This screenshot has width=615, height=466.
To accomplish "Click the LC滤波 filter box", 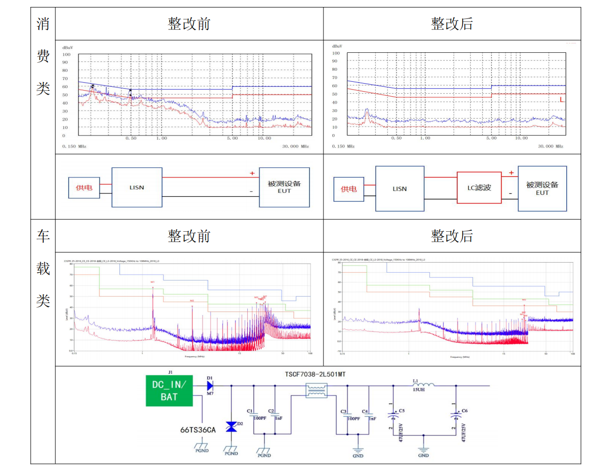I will [479, 188].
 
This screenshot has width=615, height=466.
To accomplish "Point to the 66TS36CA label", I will [198, 430].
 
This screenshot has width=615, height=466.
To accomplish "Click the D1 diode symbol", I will [209, 385].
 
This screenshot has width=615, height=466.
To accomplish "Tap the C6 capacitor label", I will [464, 411].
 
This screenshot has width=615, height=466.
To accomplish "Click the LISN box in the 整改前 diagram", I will [137, 187].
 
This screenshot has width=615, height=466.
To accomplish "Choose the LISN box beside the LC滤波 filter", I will [400, 188].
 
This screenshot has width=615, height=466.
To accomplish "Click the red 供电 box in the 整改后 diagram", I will [349, 189].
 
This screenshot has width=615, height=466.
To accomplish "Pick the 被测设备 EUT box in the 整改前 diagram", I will [284, 187].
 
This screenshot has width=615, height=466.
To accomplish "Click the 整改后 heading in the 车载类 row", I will [452, 236].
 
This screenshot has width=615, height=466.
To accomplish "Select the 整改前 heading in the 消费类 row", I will [189, 24].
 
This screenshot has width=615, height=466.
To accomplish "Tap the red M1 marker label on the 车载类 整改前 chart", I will [153, 282].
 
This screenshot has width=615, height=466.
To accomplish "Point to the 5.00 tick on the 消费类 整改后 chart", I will [491, 138].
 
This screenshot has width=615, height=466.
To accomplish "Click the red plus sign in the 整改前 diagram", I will [252, 173].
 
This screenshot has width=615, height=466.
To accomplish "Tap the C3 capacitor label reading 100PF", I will [344, 412].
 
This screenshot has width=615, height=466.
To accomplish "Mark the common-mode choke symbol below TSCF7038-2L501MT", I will [317, 390].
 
